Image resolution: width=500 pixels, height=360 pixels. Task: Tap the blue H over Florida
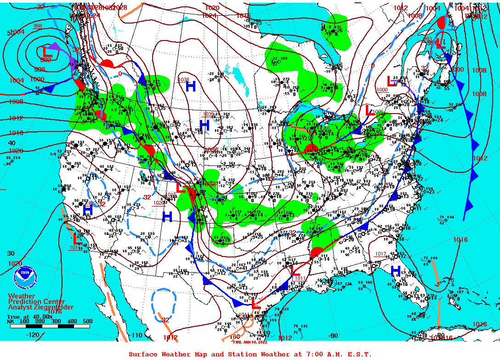tap(395, 271)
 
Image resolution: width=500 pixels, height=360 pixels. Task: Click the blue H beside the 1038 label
tap(191, 86)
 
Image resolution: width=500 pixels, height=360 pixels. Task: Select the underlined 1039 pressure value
tap(209, 114)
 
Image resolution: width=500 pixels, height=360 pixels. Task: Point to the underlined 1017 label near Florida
tap(381, 254)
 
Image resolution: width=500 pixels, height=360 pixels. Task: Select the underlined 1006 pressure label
tap(378, 112)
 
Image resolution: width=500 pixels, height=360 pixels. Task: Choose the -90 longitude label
tap(334, 336)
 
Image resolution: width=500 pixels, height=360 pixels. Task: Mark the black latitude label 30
tap(11, 253)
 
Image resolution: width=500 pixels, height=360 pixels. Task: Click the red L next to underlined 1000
tap(392, 81)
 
